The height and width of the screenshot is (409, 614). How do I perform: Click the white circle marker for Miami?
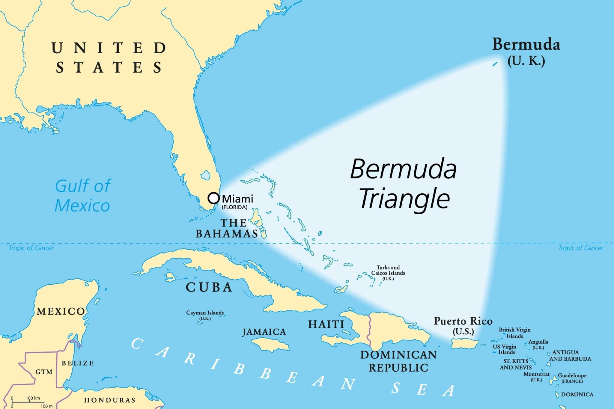click(x=213, y=198)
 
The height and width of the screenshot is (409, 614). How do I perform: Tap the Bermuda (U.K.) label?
click(x=526, y=51)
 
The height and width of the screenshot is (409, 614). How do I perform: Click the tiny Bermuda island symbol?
click(x=495, y=64)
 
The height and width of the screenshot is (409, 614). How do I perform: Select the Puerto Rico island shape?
click(x=464, y=344)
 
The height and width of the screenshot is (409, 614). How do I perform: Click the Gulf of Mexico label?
click(x=82, y=195)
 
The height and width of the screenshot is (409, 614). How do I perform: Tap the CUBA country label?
click(x=209, y=287)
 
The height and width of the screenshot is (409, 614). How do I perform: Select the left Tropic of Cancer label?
click(x=31, y=248)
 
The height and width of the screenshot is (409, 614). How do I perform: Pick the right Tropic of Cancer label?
click(x=580, y=248)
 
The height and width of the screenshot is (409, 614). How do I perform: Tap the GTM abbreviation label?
click(x=44, y=372)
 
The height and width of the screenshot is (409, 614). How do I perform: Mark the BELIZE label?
click(x=78, y=363)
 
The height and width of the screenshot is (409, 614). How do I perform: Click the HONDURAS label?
click(x=110, y=400)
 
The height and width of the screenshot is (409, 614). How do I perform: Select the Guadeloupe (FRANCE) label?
click(x=572, y=378)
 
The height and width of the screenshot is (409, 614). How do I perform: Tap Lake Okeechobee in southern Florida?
click(x=206, y=175)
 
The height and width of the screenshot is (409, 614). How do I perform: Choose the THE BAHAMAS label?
click(x=227, y=228)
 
